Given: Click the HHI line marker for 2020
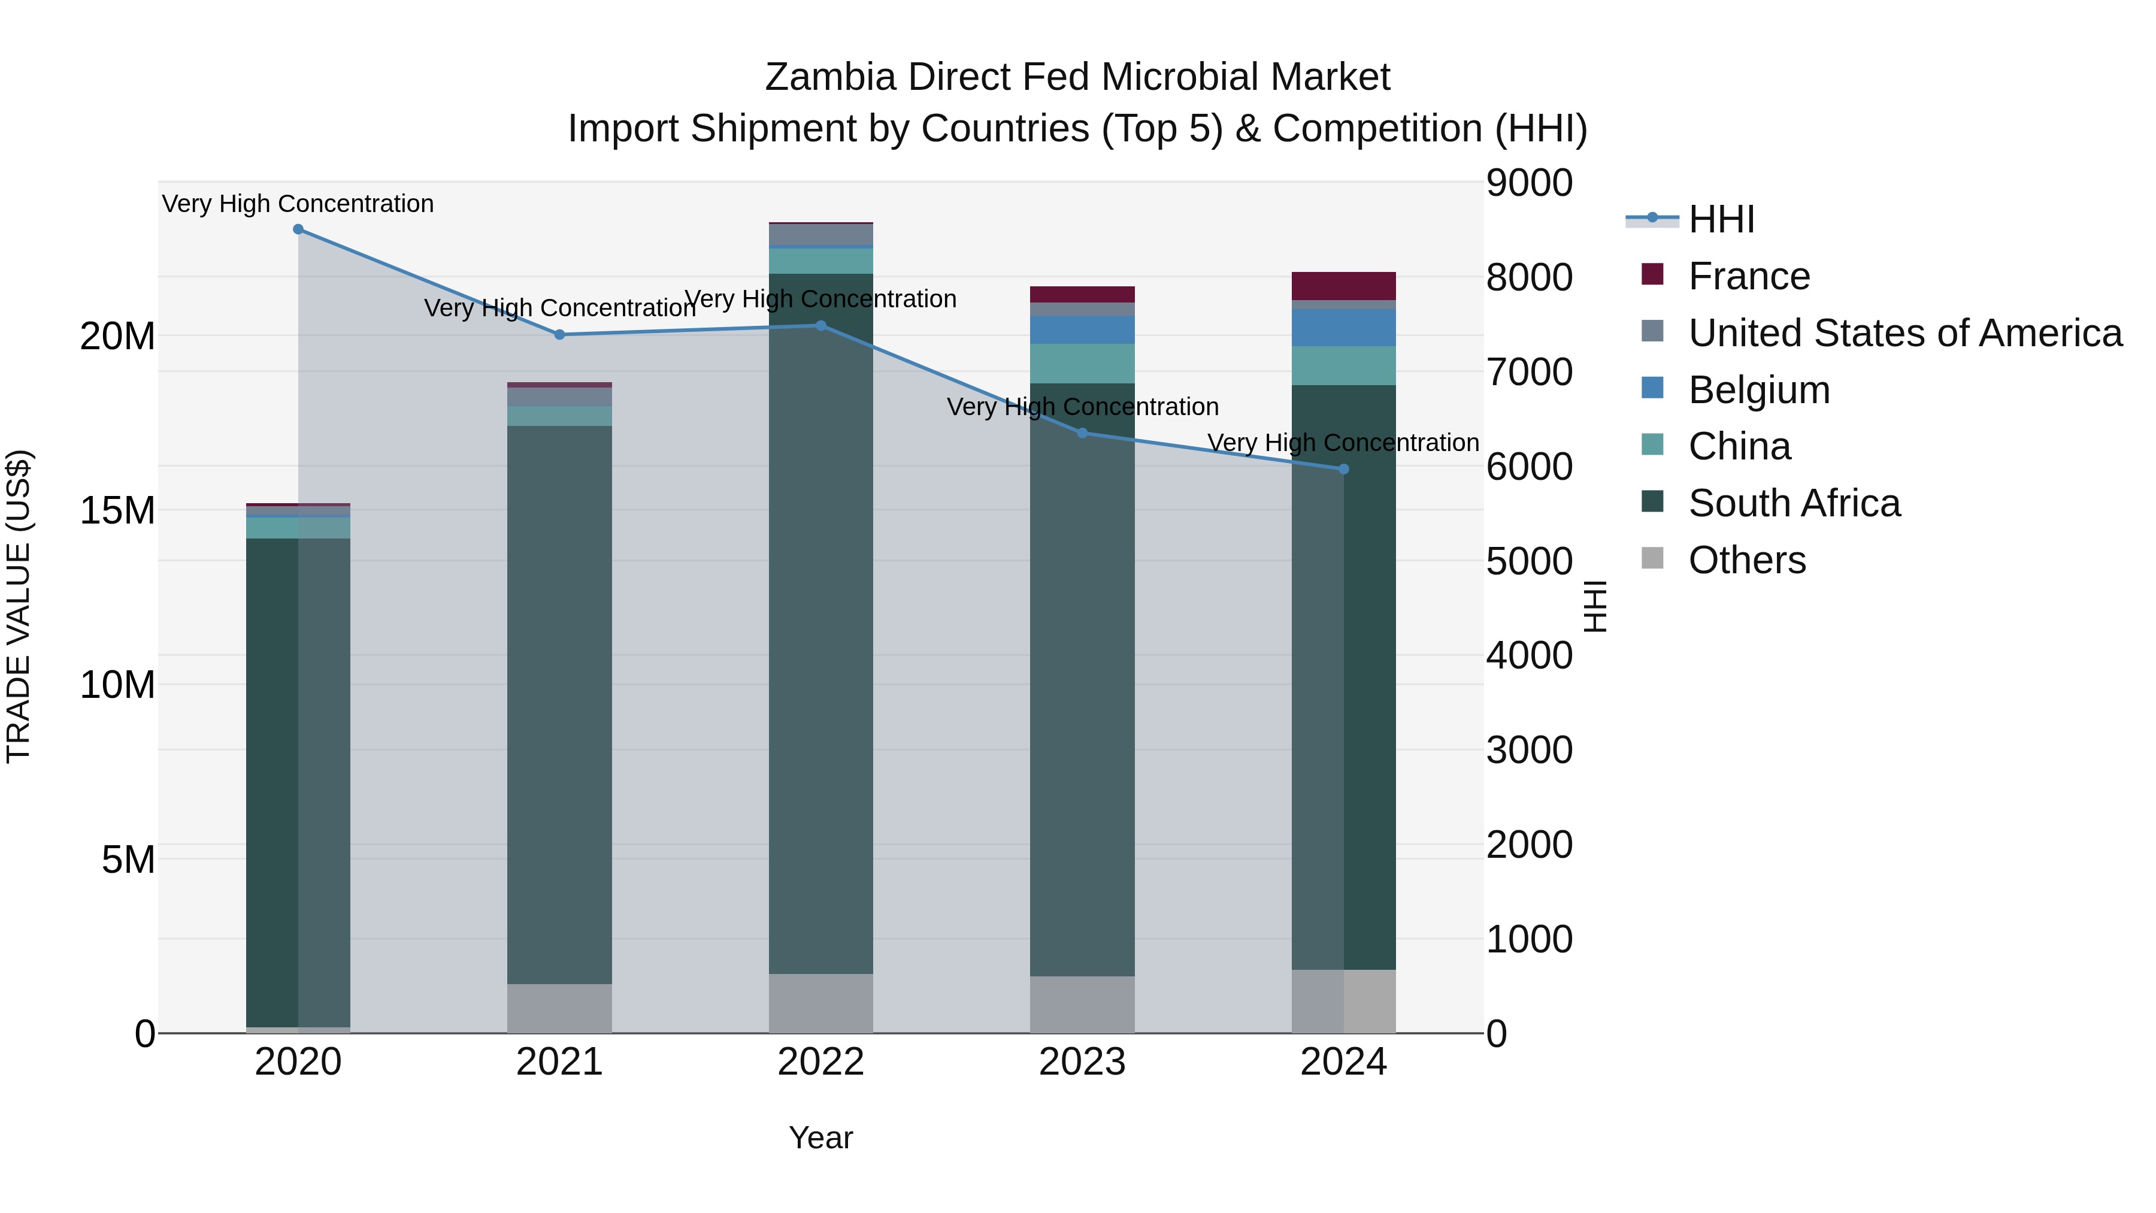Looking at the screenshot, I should [298, 229].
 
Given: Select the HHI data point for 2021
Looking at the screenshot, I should [560, 335].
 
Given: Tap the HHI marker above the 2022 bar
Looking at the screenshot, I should [821, 326].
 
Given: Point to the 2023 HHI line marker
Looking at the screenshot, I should [1082, 434].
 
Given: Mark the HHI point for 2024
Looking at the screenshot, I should [1344, 470].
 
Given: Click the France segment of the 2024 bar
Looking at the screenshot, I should [1343, 286].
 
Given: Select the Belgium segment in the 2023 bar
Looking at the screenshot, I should [1082, 330].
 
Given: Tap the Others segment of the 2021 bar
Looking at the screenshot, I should [560, 1008].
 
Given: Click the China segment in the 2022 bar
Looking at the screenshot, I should [821, 261].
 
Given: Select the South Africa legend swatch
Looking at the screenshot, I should [1653, 503].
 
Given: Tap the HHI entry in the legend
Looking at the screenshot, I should [1721, 219].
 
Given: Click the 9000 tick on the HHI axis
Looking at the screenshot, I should [1529, 183].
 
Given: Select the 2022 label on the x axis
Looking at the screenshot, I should [821, 1062].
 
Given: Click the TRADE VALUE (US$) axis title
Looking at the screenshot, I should [19, 606].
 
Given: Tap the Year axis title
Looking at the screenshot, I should [821, 1138].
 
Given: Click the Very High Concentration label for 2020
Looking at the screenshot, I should [298, 204].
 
